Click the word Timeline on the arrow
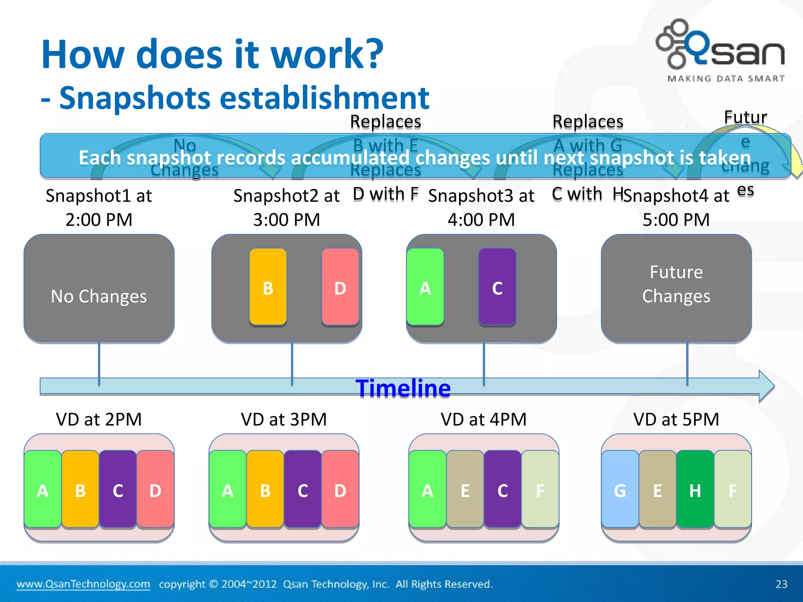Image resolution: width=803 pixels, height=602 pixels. click(x=403, y=388)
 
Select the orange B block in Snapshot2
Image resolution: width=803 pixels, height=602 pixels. click(x=268, y=287)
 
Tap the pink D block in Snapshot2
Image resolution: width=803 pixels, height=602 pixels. click(x=340, y=287)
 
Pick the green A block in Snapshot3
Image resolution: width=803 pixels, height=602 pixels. click(x=425, y=287)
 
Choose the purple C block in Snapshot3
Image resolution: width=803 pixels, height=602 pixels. click(x=497, y=287)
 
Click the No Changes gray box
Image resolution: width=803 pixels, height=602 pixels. click(x=99, y=289)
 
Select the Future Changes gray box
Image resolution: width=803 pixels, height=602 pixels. click(x=676, y=289)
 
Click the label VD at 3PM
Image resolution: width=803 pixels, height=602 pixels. click(x=284, y=419)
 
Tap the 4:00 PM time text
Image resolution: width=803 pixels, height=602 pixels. click(x=481, y=219)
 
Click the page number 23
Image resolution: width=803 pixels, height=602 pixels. click(x=781, y=584)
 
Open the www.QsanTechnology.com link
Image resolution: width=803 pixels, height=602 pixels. click(x=83, y=584)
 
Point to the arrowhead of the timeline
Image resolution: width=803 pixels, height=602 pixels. click(x=767, y=386)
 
